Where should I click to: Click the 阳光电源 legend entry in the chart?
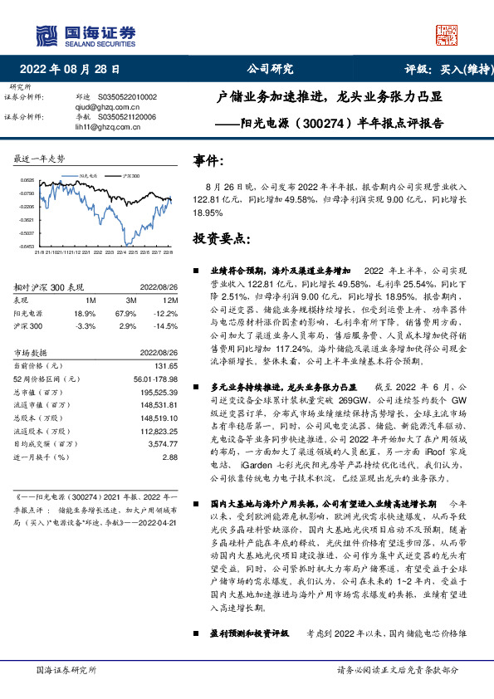point(87,177)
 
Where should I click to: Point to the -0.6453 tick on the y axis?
point(27,246)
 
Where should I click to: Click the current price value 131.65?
point(169,365)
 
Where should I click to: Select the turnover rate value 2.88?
point(171,457)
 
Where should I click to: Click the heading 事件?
point(208,159)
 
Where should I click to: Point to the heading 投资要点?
point(221,237)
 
